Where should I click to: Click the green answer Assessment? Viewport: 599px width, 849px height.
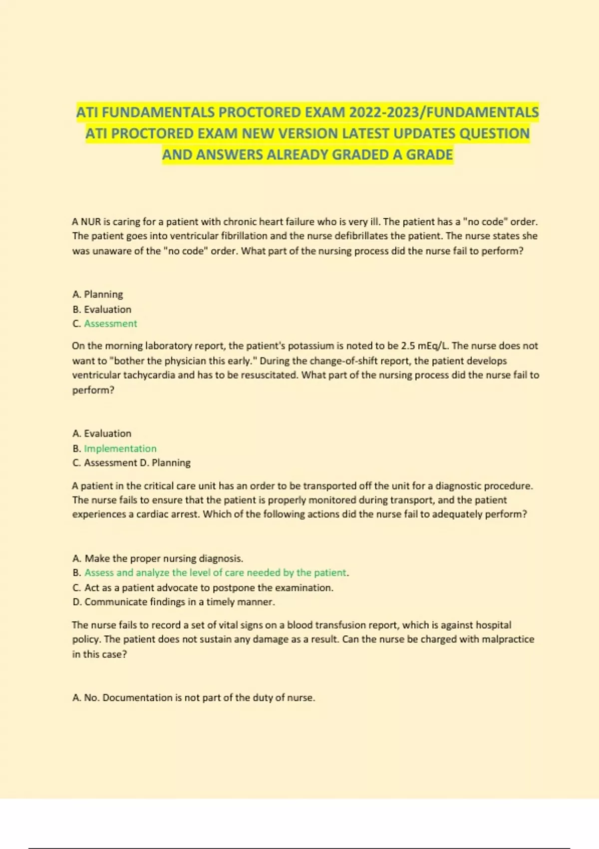coord(110,324)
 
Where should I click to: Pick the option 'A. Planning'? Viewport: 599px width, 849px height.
coord(98,294)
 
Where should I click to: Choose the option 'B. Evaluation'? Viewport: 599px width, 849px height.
coord(102,309)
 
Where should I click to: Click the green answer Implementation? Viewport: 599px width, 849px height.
coord(120,448)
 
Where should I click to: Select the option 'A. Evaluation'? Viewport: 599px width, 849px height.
coord(102,433)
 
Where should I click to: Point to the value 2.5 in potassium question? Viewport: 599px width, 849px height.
coord(408,346)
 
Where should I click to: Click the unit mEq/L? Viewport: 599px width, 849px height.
coord(434,346)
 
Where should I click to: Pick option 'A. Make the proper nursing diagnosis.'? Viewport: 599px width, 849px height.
coord(158,558)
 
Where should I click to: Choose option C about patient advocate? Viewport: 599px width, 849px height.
coord(203,588)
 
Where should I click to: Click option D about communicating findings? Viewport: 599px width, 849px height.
coord(174,602)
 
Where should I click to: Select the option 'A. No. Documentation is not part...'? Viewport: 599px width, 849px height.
coord(194,698)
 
